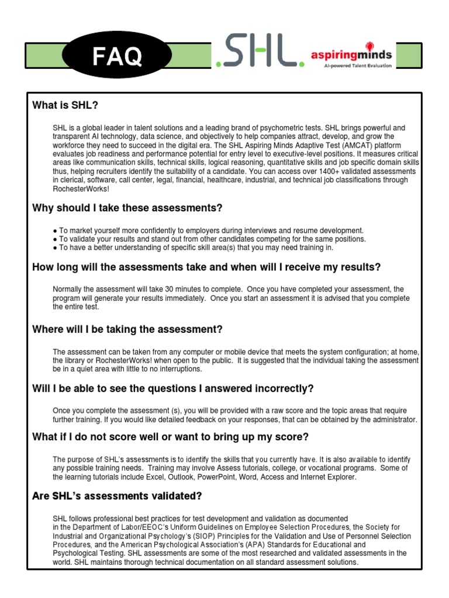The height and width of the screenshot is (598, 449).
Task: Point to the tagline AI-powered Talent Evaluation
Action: tap(358, 66)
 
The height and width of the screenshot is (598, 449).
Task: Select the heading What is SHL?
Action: tap(65, 106)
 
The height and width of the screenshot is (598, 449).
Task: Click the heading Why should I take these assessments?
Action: tap(127, 208)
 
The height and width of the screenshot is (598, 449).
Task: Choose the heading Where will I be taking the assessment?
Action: tap(127, 330)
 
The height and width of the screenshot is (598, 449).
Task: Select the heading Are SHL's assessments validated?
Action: tap(117, 496)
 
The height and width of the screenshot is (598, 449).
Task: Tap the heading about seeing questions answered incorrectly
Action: tap(173, 389)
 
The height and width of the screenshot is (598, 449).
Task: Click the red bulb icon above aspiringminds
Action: tap(369, 46)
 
